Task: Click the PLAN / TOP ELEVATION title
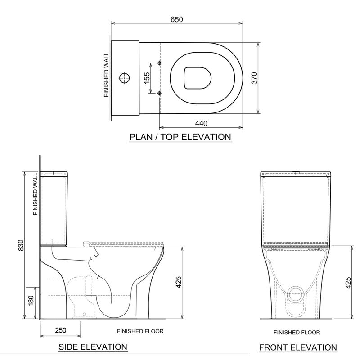click(x=180, y=137)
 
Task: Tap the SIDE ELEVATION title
click(x=93, y=347)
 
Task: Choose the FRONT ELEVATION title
click(x=298, y=347)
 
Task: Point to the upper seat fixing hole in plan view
click(x=160, y=63)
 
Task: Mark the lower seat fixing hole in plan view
click(x=160, y=93)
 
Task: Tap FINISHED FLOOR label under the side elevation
click(x=140, y=331)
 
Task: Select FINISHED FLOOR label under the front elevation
click(x=297, y=333)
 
